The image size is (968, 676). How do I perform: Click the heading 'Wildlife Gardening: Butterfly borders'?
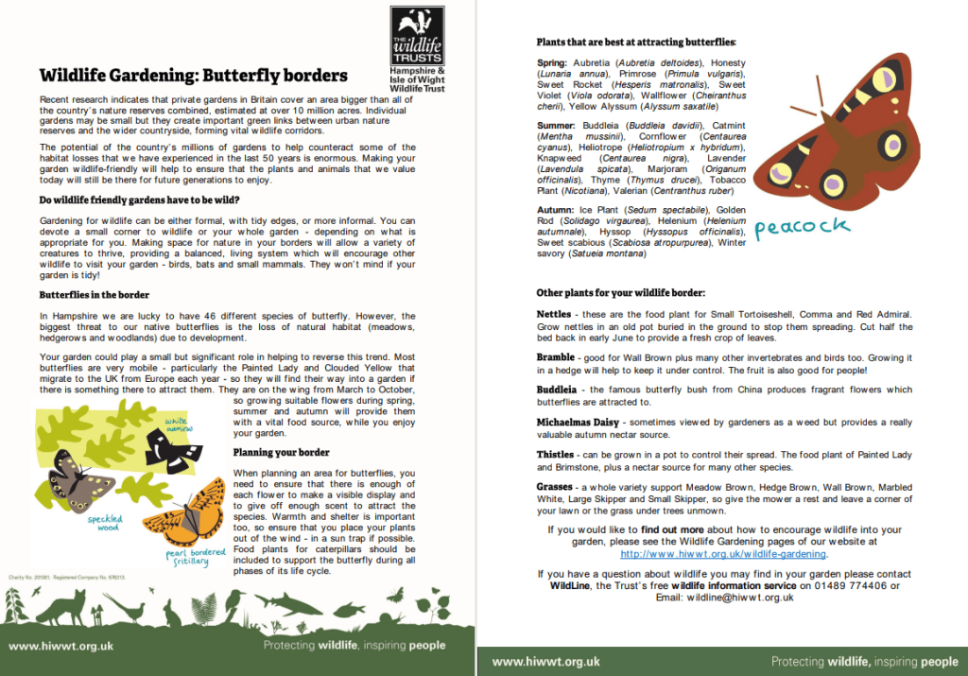pyautogui.click(x=193, y=76)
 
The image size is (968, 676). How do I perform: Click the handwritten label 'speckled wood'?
pyautogui.click(x=104, y=523)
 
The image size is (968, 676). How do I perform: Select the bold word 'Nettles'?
pyautogui.click(x=554, y=314)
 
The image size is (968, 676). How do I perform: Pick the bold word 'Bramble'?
pyautogui.click(x=556, y=357)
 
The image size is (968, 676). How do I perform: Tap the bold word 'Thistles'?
pyautogui.click(x=556, y=454)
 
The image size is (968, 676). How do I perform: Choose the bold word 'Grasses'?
pyautogui.click(x=556, y=486)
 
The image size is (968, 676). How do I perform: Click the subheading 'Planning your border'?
pyautogui.click(x=281, y=452)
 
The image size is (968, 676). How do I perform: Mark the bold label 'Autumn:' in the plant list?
pyautogui.click(x=556, y=209)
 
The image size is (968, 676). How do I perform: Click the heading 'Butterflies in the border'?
pyautogui.click(x=94, y=295)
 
